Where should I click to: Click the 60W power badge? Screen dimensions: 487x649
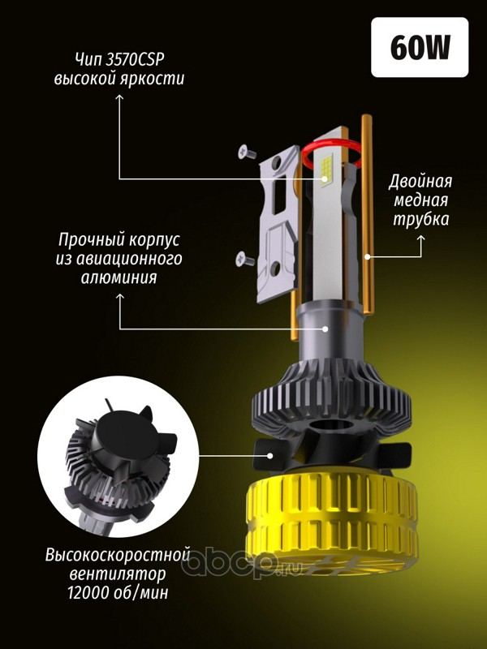(420, 47)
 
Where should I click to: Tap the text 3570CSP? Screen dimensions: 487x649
(135, 59)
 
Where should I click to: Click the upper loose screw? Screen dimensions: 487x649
(247, 152)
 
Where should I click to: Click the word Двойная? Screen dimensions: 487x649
(420, 182)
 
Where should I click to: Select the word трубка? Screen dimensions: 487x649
(420, 219)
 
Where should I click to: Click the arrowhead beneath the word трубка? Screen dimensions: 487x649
(421, 239)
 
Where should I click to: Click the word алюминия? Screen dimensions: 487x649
(119, 277)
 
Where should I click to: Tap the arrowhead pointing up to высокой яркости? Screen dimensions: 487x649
(119, 97)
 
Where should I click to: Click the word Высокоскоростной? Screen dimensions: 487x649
(118, 555)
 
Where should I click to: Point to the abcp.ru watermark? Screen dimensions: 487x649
(243, 561)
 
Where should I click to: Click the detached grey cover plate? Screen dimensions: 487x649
(278, 225)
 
